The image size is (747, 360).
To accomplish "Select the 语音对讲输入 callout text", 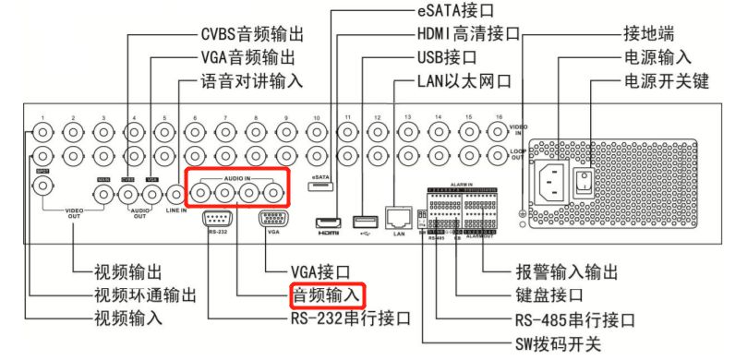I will [x=251, y=81].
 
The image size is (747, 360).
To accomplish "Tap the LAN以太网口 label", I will [x=464, y=81].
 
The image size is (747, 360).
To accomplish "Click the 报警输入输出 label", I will [x=566, y=272].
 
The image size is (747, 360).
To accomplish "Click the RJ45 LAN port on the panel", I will [x=399, y=218].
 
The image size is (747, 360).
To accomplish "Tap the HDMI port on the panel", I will [x=330, y=222].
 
